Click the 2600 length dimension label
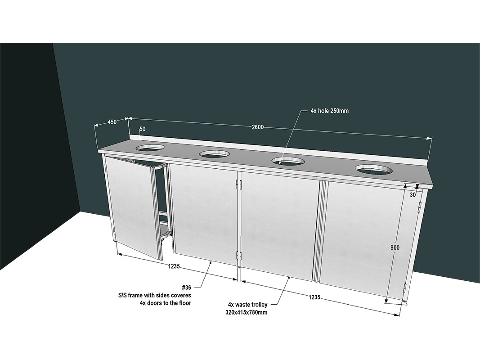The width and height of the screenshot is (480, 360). [x=258, y=127]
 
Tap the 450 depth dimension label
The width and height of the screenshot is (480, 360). [x=112, y=122]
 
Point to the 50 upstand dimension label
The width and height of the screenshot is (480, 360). [x=142, y=129]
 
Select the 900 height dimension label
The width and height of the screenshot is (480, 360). [x=395, y=247]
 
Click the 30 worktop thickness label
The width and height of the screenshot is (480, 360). [x=413, y=195]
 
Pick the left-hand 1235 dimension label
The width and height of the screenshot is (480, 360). [x=174, y=266]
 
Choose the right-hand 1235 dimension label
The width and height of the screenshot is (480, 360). [x=314, y=297]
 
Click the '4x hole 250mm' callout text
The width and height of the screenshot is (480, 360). [x=329, y=111]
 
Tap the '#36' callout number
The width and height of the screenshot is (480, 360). [x=186, y=288]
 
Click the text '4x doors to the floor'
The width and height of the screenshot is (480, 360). [x=165, y=303]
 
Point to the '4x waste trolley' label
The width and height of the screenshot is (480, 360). [x=248, y=305]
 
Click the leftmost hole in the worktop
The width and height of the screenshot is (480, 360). [x=150, y=148]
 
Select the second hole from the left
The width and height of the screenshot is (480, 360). [x=214, y=153]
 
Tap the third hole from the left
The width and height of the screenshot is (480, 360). [x=288, y=161]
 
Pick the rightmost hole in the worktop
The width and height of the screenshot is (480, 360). [x=374, y=169]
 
